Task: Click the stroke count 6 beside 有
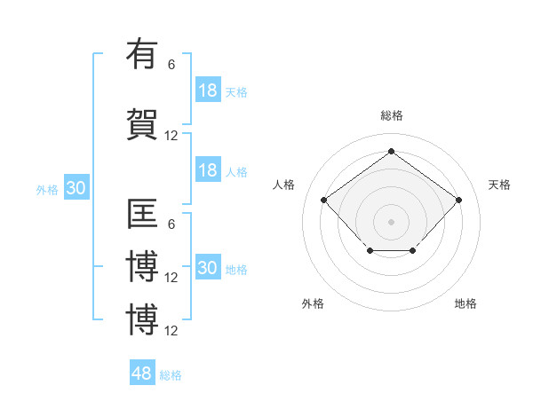[x=171, y=64]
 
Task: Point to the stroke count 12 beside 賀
[x=171, y=136]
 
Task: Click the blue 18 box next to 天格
[x=208, y=90]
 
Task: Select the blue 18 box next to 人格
[x=208, y=170]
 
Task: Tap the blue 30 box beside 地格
[x=208, y=268]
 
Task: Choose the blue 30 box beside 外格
[x=76, y=188]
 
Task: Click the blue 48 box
[x=142, y=374]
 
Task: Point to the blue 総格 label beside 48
[x=171, y=375]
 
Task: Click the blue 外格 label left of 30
[x=47, y=189]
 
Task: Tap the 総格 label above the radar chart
[x=391, y=115]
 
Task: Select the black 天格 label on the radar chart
[x=499, y=185]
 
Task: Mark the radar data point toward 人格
[x=324, y=201]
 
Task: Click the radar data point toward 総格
[x=391, y=151]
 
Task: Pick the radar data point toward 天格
[x=458, y=201]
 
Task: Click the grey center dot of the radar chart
[x=391, y=221]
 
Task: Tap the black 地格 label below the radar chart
[x=465, y=303]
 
